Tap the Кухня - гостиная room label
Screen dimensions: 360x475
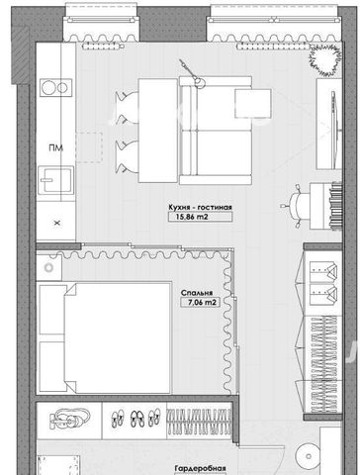200,207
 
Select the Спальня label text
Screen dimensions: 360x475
197,293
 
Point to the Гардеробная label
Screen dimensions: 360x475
201,468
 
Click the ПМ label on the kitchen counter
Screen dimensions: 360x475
56,148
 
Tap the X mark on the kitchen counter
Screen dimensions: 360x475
57,224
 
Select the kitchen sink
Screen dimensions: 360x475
55,180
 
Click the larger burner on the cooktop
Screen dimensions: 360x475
49,88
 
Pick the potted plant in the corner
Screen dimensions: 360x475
324,59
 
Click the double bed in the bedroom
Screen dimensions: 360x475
105,337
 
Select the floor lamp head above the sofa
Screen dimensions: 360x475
199,82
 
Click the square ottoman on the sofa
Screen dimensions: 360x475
253,103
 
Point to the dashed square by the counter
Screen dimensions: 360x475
89,147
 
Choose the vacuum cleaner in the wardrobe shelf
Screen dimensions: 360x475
69,419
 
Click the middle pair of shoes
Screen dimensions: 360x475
137,419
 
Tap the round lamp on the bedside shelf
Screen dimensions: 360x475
48,268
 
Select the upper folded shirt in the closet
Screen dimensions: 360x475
323,270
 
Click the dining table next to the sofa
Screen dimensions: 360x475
158,131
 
